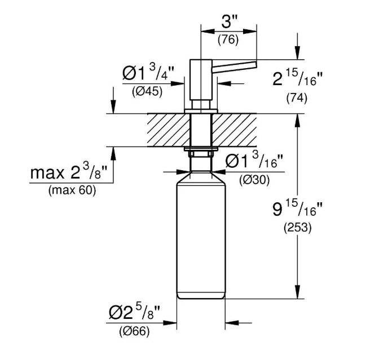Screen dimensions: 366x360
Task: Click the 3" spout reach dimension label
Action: tap(229, 23)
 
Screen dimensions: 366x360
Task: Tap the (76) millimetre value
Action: tap(228, 39)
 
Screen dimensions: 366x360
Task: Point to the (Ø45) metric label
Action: tap(147, 92)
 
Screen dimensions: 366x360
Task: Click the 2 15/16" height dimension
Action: tap(297, 78)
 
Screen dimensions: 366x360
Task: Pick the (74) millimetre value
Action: tap(297, 98)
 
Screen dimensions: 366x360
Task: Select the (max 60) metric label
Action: tap(72, 190)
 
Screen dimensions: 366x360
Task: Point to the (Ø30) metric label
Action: tap(254, 180)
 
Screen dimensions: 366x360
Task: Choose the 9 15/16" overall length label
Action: tap(297, 208)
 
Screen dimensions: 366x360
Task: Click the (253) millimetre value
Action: tap(298, 228)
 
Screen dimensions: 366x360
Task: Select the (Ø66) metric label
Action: tap(134, 331)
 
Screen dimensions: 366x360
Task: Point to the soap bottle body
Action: tap(201, 235)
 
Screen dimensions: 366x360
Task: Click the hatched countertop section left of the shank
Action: tap(169, 130)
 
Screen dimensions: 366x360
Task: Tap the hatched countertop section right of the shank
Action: tap(235, 130)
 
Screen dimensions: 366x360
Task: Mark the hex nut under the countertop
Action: tap(201, 154)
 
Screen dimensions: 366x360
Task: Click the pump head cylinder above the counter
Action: tap(201, 80)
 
